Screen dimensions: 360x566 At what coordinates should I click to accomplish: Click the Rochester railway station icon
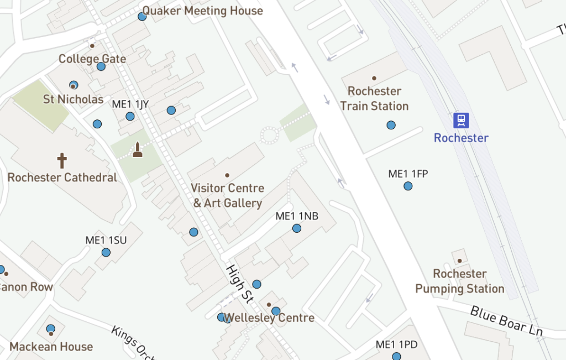click(x=461, y=120)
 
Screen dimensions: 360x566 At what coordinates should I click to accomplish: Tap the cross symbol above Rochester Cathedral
click(x=62, y=161)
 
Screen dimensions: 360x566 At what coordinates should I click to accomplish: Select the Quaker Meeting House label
click(x=203, y=11)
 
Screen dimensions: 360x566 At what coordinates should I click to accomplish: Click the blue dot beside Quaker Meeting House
click(x=142, y=17)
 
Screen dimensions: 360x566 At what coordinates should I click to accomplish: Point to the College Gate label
click(x=92, y=59)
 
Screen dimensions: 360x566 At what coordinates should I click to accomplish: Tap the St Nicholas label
click(x=73, y=99)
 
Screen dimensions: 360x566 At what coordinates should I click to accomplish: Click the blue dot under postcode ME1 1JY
click(x=130, y=116)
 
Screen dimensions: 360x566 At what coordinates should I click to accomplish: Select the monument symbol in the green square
click(x=138, y=150)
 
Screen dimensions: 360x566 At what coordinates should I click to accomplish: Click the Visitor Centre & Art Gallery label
click(x=227, y=195)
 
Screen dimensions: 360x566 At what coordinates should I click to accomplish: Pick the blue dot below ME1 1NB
click(x=297, y=228)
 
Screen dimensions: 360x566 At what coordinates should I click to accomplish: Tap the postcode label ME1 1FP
click(x=408, y=174)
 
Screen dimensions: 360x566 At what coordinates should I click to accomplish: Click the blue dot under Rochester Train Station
click(x=391, y=125)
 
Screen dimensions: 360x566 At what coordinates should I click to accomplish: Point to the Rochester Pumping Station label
click(x=460, y=281)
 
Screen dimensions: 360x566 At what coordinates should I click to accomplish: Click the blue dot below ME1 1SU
click(x=106, y=253)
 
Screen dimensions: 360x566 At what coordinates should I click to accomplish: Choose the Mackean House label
click(x=51, y=347)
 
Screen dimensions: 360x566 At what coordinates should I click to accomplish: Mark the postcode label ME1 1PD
click(x=396, y=345)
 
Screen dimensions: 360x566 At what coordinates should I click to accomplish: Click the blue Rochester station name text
click(x=461, y=138)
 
